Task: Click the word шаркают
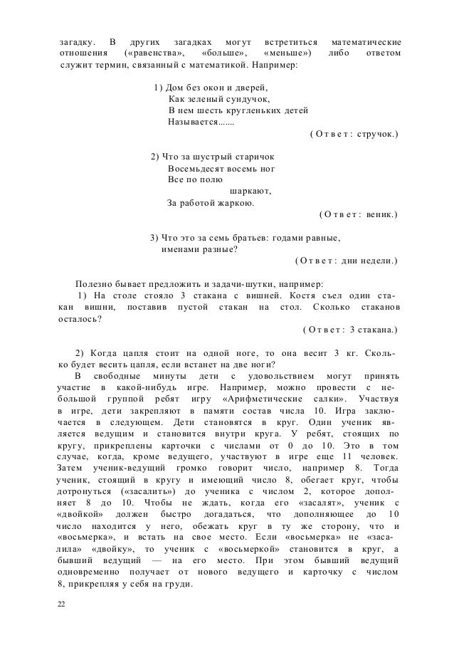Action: pyautogui.click(x=250, y=191)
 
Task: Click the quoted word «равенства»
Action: pyautogui.click(x=154, y=53)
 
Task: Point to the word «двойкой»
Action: pyautogui.click(x=82, y=513)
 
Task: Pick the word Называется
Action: pyautogui.click(x=192, y=122)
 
